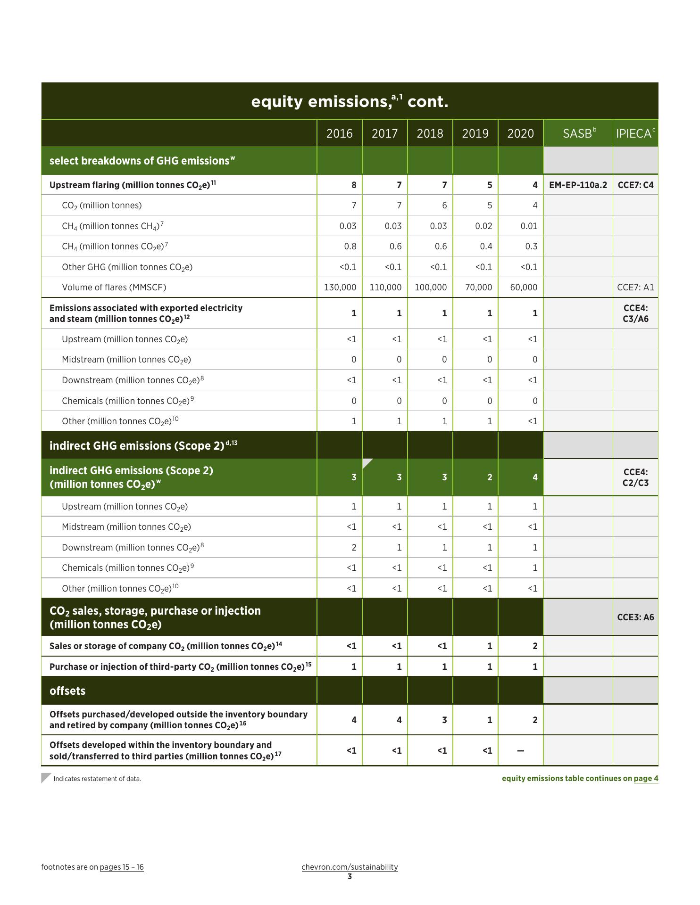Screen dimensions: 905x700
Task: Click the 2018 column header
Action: tap(430, 133)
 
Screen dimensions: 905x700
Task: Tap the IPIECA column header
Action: tap(635, 133)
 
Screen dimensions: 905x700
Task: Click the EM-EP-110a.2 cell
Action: tap(578, 185)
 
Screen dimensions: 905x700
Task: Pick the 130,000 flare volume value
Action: tap(340, 287)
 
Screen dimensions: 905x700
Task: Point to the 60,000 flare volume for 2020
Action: tap(524, 287)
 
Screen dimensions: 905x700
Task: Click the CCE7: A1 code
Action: tap(635, 287)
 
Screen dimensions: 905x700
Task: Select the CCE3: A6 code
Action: tap(635, 617)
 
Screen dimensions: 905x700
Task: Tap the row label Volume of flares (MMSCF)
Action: tap(114, 287)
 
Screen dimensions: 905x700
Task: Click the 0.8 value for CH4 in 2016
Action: tap(350, 246)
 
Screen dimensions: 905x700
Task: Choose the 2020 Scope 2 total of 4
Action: tap(535, 477)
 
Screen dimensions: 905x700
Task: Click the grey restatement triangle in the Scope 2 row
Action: tap(367, 463)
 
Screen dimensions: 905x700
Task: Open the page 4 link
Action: tap(646, 778)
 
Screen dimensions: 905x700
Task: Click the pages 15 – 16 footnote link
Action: tap(122, 867)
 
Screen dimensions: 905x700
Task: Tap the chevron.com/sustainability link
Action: tap(350, 867)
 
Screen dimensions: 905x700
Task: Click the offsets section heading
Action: tap(67, 691)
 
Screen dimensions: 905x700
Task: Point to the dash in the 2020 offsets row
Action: tap(520, 750)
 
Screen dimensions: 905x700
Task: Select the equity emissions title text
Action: tap(350, 101)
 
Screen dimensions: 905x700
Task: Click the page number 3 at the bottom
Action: tap(350, 877)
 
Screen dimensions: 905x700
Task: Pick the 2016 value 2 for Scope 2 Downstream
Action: tap(354, 547)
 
